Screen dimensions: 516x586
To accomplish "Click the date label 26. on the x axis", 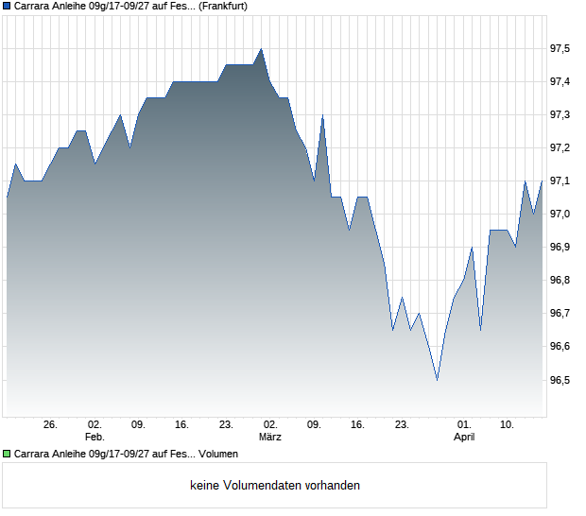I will point(51,425).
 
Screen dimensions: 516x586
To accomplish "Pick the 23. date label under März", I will point(402,425).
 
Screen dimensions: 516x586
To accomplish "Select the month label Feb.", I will point(95,438).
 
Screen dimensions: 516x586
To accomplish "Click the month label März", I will point(270,438).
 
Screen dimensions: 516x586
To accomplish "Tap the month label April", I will point(464,438).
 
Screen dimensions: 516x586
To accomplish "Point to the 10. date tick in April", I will point(508,425).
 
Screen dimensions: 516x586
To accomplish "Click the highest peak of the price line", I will point(261,49).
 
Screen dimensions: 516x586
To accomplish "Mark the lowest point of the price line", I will point(437,380).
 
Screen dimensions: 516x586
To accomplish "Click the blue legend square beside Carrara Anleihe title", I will point(8,6).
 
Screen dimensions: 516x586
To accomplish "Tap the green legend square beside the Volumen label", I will point(8,454).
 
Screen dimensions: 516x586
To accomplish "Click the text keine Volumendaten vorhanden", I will point(275,486).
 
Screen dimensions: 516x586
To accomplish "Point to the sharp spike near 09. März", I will point(322,115).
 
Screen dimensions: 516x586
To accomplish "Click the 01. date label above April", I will point(464,425).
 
